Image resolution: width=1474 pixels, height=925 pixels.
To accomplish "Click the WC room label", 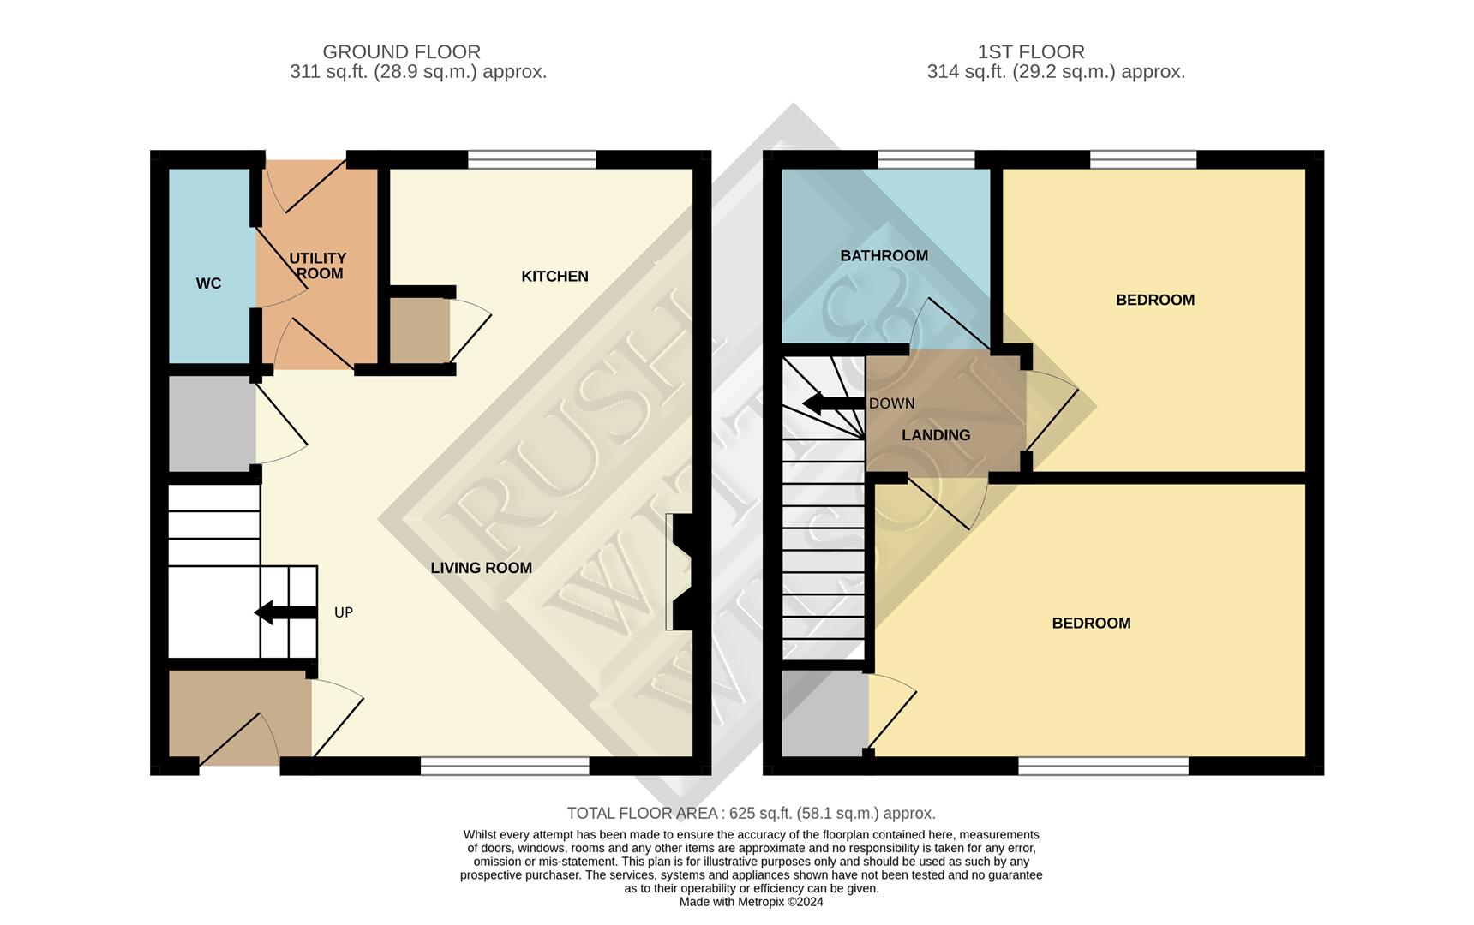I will (208, 283).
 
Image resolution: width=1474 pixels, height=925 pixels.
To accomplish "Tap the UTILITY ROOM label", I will (318, 266).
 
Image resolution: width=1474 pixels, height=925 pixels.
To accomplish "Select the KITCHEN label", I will (554, 276).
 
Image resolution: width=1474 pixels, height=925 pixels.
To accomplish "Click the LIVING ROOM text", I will (481, 568).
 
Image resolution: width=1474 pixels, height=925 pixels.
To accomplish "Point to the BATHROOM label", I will (884, 255).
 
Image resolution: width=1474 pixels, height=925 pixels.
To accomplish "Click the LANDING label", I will (936, 435).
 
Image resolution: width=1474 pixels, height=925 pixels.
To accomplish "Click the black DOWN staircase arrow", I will (832, 403).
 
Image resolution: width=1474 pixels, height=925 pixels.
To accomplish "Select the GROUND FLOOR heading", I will (401, 52).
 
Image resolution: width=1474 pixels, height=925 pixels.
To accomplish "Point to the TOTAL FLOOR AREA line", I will (751, 813).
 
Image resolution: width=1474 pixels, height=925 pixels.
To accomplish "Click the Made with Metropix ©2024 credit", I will (751, 902).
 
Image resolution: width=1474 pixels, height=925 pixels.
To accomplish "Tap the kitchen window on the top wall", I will (531, 159).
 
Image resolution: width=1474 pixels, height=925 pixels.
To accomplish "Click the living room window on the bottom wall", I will (505, 766).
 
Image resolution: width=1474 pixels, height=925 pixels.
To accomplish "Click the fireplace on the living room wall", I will (682, 572).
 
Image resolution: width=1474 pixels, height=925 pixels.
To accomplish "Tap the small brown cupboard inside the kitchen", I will (419, 331).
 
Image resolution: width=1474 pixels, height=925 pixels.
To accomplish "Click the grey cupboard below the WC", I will (211, 424).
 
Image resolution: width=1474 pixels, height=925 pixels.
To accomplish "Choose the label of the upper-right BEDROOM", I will (1154, 300).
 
